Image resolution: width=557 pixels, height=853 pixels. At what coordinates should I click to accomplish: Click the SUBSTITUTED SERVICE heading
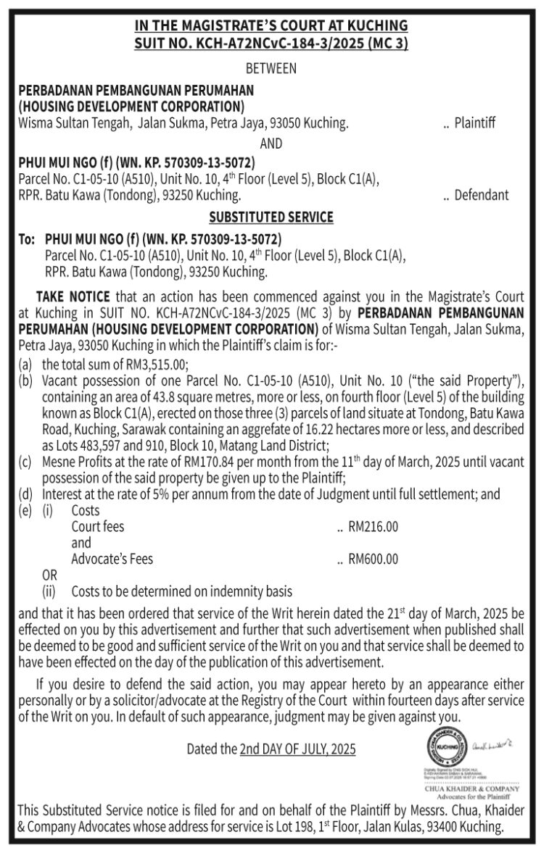[x=271, y=217]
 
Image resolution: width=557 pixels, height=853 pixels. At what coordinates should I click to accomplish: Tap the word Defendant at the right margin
[x=482, y=195]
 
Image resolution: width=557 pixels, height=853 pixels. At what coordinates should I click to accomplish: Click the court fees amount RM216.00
[x=374, y=527]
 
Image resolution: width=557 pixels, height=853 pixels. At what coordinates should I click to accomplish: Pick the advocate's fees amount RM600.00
[x=374, y=559]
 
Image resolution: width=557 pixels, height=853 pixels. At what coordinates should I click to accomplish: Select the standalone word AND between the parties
[x=271, y=143]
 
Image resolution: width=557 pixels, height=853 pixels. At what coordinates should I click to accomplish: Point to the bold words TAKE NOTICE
[x=73, y=296]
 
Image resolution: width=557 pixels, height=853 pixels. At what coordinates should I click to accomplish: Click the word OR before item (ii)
[x=49, y=575]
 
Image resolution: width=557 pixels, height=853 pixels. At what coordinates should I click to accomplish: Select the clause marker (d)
[x=25, y=494]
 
